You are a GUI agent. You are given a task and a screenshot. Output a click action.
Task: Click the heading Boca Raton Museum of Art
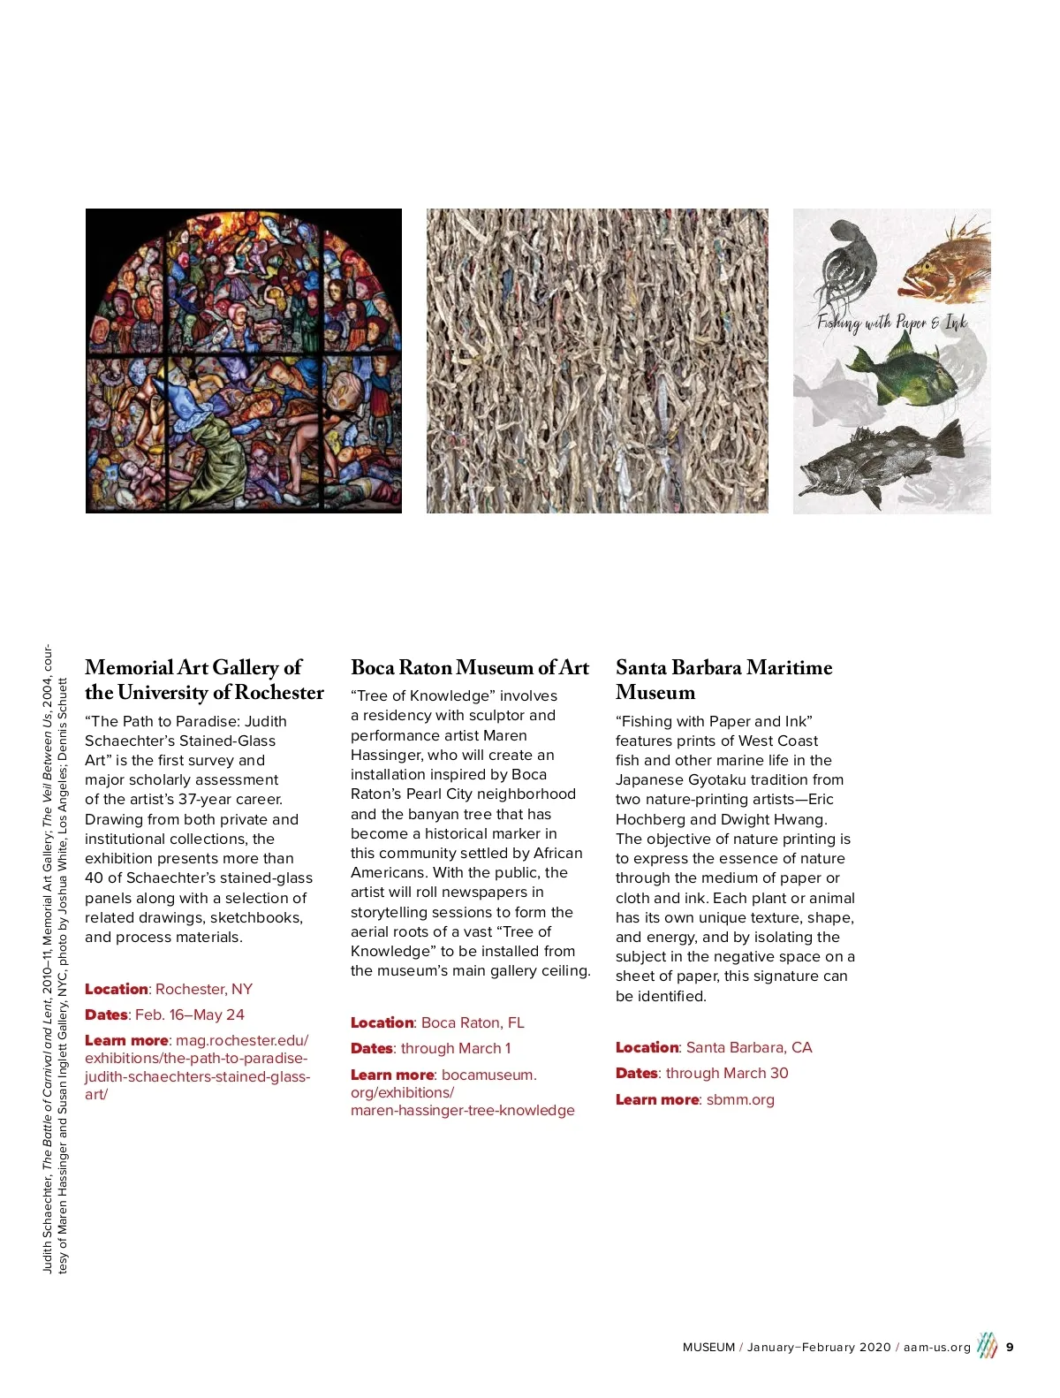click(469, 668)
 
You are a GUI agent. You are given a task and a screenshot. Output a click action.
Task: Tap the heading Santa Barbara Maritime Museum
click(723, 680)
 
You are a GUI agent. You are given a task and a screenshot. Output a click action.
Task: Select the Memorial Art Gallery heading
click(204, 680)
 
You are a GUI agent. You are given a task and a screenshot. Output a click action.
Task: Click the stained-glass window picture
click(244, 361)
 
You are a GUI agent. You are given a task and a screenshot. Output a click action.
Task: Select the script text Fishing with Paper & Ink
click(892, 322)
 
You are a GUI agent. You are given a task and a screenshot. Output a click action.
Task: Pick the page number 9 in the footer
click(1010, 1347)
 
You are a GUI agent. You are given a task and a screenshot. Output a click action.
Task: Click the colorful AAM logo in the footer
click(987, 1346)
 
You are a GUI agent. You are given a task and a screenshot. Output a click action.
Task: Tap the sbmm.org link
click(740, 1099)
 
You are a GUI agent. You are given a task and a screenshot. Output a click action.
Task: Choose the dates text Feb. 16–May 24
click(190, 1014)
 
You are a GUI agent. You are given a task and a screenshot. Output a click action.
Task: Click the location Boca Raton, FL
click(473, 1022)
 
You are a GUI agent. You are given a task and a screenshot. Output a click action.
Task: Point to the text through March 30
click(727, 1073)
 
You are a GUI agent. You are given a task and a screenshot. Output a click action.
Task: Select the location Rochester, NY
click(204, 989)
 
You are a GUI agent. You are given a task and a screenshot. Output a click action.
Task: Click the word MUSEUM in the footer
click(708, 1347)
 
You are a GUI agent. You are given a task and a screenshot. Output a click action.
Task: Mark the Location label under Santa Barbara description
click(647, 1047)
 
